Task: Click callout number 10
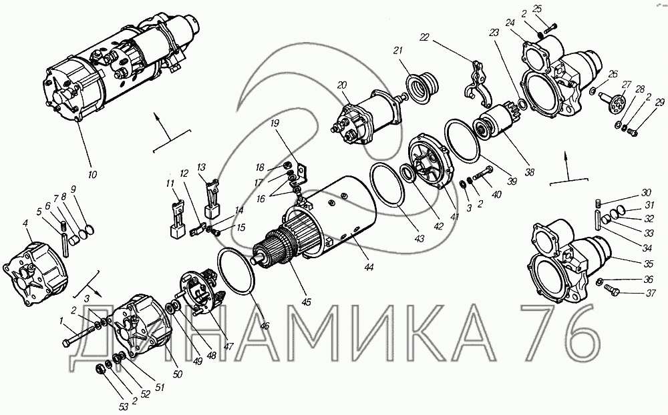click(x=92, y=174)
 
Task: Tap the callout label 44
click(x=369, y=267)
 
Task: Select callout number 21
click(x=397, y=51)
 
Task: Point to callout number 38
click(x=529, y=172)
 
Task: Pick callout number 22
click(x=424, y=37)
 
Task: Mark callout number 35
click(x=648, y=264)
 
